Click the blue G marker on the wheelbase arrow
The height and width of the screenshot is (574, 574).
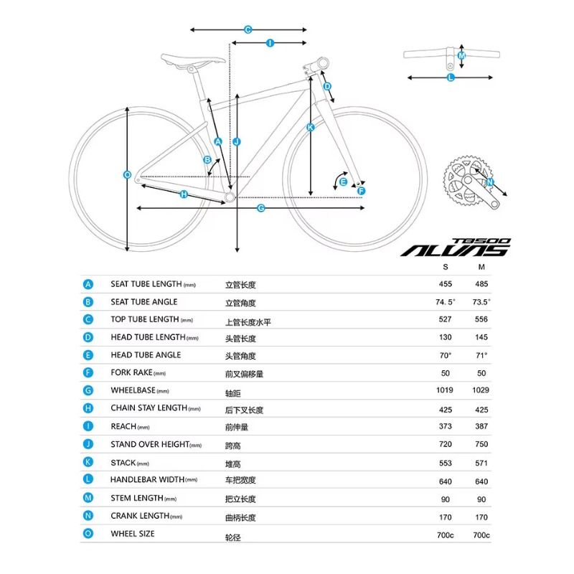(261, 208)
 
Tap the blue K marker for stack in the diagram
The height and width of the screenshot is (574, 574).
(311, 128)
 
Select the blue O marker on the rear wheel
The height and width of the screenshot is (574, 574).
(127, 175)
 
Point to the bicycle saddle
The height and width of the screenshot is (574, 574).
(193, 60)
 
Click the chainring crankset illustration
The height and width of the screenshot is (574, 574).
(470, 182)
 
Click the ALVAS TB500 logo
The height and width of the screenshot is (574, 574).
(456, 248)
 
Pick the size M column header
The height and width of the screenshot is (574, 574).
(481, 267)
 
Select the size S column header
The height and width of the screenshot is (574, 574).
(446, 267)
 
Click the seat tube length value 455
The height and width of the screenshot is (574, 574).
(446, 284)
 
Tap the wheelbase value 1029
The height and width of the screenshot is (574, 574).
(481, 390)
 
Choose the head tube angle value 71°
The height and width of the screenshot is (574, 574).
(481, 355)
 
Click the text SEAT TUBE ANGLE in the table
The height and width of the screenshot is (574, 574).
(144, 302)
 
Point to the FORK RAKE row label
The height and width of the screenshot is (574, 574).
(138, 372)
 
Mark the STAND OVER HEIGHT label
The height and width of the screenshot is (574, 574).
(156, 444)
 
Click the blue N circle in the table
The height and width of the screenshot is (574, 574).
(88, 516)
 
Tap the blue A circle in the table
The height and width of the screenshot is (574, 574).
(88, 284)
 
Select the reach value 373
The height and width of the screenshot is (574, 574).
(446, 426)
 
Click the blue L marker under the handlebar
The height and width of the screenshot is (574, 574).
(451, 77)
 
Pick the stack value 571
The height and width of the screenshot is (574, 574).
(481, 464)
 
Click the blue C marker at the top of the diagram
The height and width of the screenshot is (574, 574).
(248, 29)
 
